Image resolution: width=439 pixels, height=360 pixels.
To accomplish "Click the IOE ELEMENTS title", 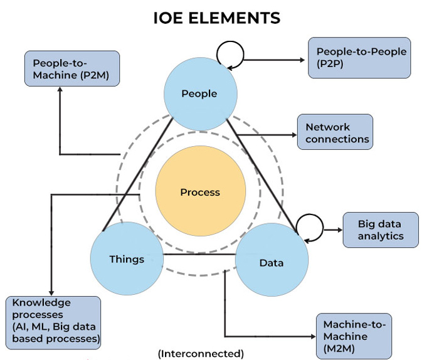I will pyautogui.click(x=216, y=18).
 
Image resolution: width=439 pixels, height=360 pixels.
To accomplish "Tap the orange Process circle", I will pyautogui.click(x=200, y=192).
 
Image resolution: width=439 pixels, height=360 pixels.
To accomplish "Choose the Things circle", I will pyautogui.click(x=127, y=258).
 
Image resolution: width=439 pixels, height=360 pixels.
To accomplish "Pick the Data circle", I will pyautogui.click(x=272, y=262).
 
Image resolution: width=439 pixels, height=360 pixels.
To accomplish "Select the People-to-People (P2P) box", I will pyautogui.click(x=359, y=57).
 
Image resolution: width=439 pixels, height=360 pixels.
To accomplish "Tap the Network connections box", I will pyautogui.click(x=335, y=132).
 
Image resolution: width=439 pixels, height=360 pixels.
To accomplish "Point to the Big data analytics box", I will pyautogui.click(x=379, y=229).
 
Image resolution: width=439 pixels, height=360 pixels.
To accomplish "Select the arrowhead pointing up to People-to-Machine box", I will pyautogui.click(x=60, y=90).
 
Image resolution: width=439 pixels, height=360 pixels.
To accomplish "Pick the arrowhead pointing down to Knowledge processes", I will pyautogui.click(x=51, y=292).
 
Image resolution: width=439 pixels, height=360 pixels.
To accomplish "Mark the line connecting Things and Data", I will pyautogui.click(x=199, y=254).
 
